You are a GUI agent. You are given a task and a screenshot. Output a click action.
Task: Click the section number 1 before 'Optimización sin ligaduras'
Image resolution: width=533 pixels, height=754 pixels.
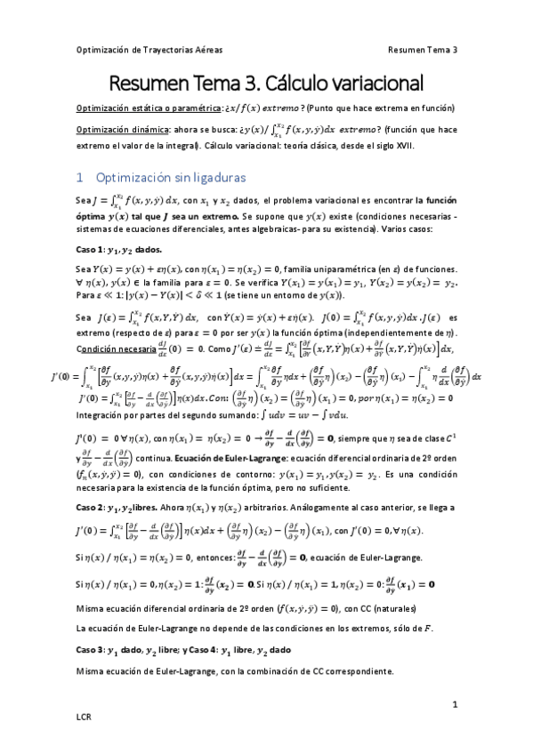[x=79, y=178]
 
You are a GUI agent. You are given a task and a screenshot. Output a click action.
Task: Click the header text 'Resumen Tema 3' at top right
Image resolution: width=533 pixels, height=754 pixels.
[x=423, y=50]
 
